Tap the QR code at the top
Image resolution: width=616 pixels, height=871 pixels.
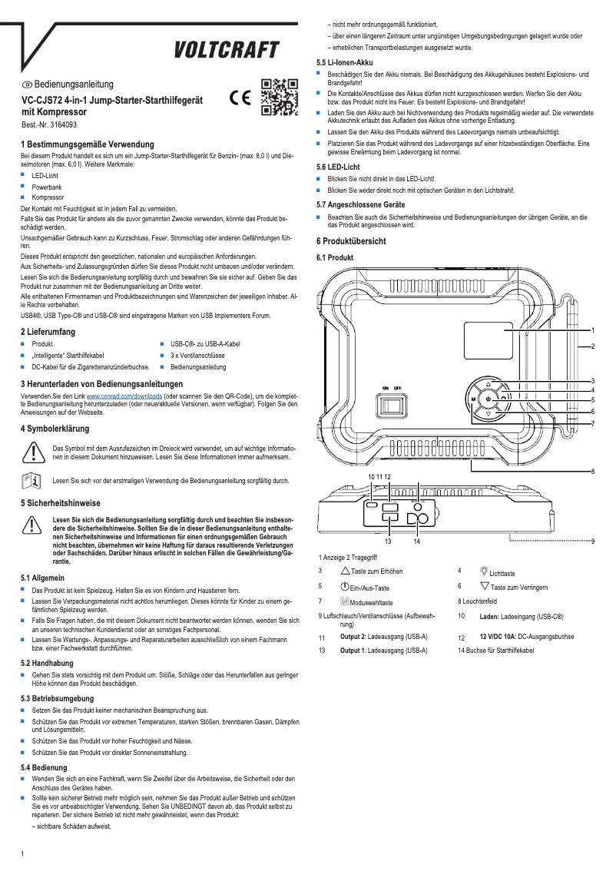[279, 97]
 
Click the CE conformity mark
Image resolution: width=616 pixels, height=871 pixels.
[240, 98]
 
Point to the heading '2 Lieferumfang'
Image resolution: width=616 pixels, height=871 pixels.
[51, 332]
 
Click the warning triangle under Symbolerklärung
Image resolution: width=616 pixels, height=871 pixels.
[31, 452]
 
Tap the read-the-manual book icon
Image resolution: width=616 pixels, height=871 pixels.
[31, 481]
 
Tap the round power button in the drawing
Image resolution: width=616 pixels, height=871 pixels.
[488, 399]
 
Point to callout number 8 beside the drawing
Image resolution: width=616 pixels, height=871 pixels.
[593, 471]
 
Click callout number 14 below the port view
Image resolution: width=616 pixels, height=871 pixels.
[416, 541]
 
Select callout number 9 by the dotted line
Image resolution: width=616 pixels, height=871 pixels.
[593, 541]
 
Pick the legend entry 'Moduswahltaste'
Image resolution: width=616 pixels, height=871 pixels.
[371, 603]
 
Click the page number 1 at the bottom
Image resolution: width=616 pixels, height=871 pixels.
[23, 854]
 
